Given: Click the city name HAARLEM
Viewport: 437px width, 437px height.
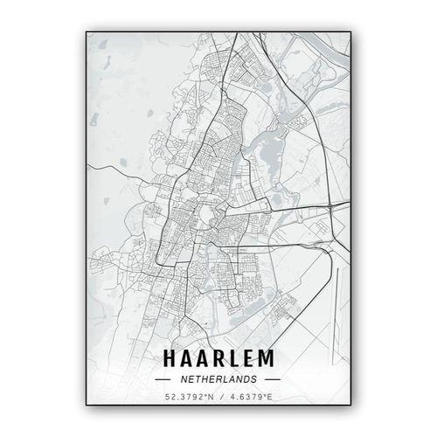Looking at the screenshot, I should (x=218, y=357).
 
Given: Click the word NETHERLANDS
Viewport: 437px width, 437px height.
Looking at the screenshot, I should (x=218, y=380).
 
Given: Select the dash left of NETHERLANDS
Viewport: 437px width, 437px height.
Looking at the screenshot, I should (x=164, y=380).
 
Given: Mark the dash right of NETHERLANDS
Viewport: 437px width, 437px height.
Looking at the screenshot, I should (x=272, y=380).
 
